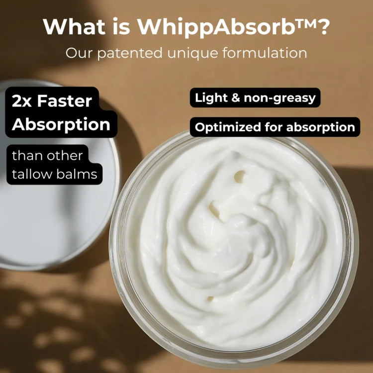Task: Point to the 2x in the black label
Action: tap(23, 101)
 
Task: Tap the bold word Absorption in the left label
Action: tap(61, 124)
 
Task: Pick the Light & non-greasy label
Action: tap(255, 97)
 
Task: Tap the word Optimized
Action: tap(222, 127)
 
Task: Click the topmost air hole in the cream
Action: tap(241, 176)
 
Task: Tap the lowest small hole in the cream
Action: tap(210, 299)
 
